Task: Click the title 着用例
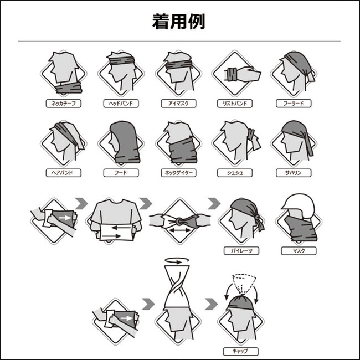tap(178, 22)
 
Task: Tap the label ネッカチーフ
tap(64, 104)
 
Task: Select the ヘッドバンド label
tap(121, 104)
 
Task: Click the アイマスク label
tap(178, 104)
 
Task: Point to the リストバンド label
tap(235, 104)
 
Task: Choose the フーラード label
tap(294, 104)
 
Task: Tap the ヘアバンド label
tap(64, 173)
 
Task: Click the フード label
tap(121, 173)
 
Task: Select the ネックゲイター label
tap(178, 173)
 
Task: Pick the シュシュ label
tap(235, 173)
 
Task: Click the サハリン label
tap(294, 173)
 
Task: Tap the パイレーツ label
tap(241, 251)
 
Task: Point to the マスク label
tap(299, 251)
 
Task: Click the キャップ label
tap(241, 352)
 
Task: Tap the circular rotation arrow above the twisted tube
tap(177, 261)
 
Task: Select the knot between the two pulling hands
tap(179, 222)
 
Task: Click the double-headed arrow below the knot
tap(180, 230)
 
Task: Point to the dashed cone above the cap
tap(244, 284)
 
